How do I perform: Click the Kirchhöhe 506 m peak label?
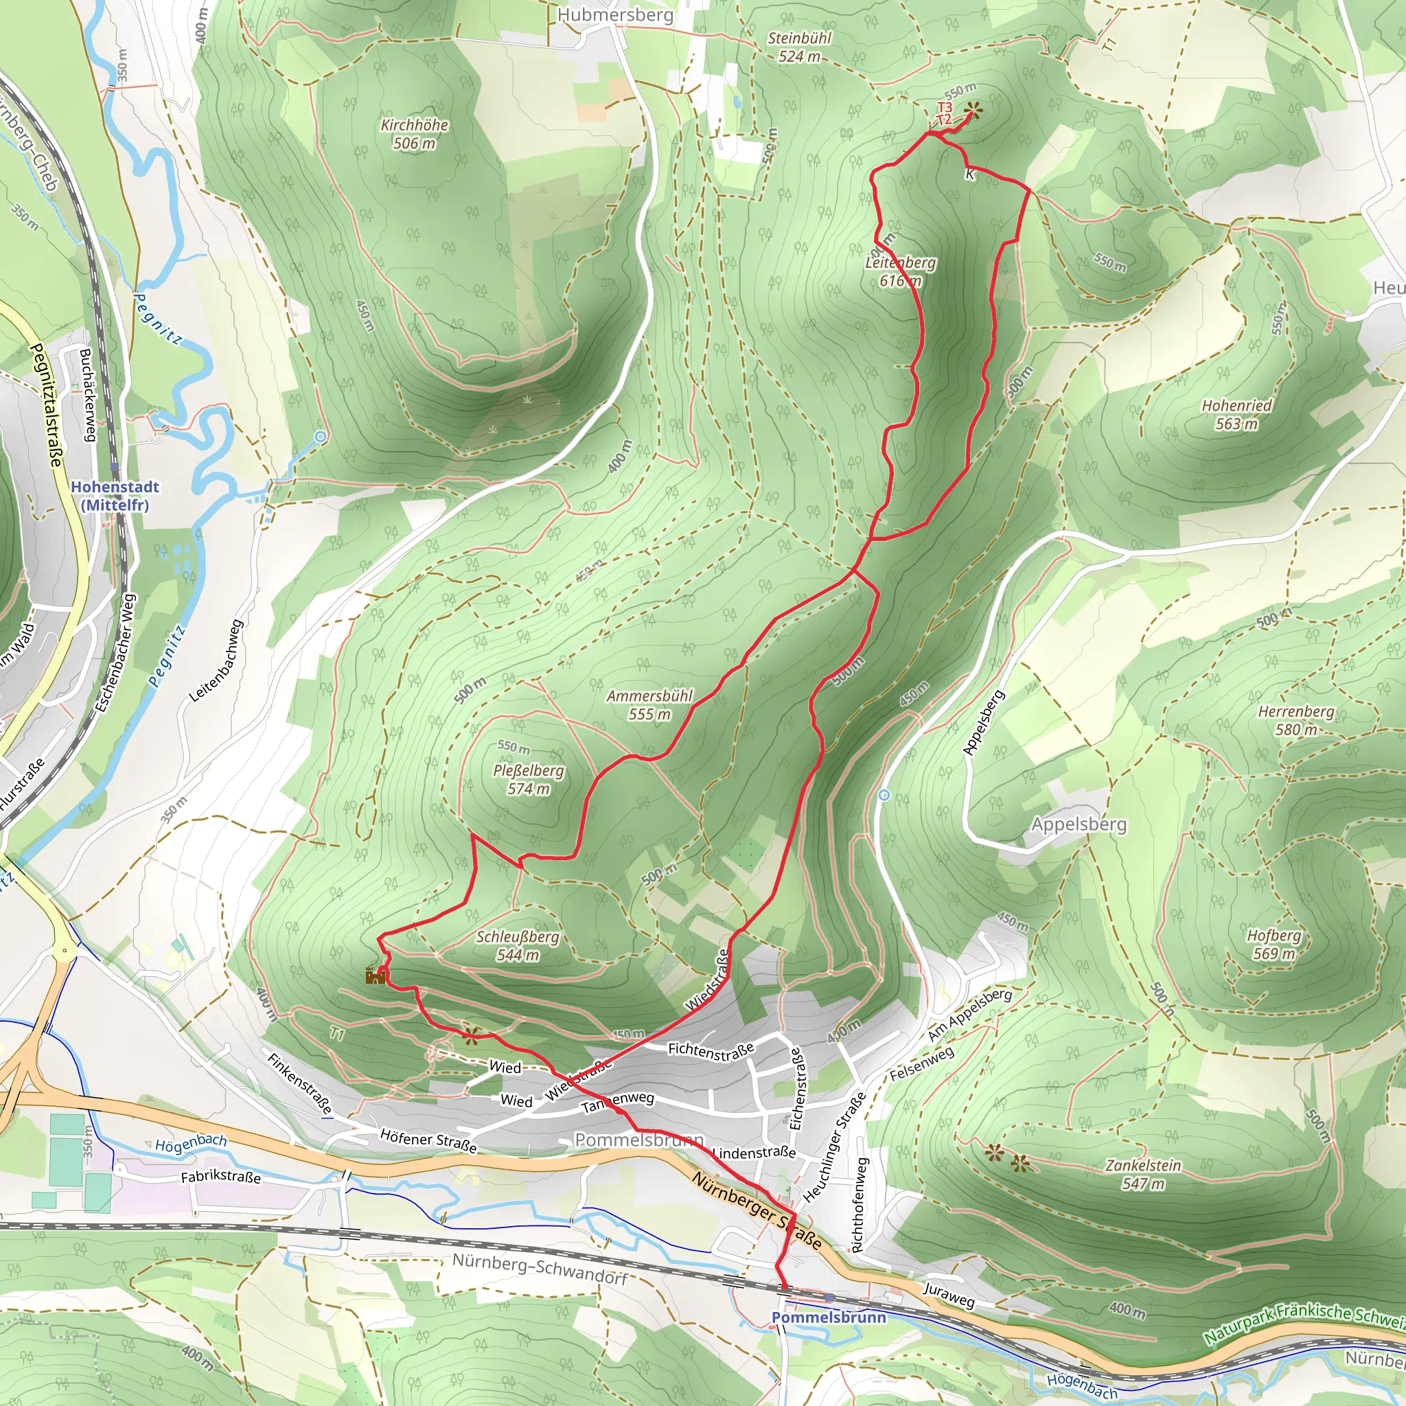414,134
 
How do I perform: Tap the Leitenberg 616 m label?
900,271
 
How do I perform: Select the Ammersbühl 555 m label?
649,704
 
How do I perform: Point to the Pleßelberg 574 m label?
529,779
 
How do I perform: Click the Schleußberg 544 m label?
518,945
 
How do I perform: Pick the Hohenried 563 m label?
1236,414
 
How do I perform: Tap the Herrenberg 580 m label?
1296,719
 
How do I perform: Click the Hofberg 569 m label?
1274,944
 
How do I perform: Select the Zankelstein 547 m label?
1143,1174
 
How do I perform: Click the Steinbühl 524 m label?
799,47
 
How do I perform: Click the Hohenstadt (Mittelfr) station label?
114,496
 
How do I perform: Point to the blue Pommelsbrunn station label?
828,1317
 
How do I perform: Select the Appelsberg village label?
1079,825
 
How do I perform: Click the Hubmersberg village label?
615,14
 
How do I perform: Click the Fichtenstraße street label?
711,1050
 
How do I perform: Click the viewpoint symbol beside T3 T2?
972,111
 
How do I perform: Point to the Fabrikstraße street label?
220,1177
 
